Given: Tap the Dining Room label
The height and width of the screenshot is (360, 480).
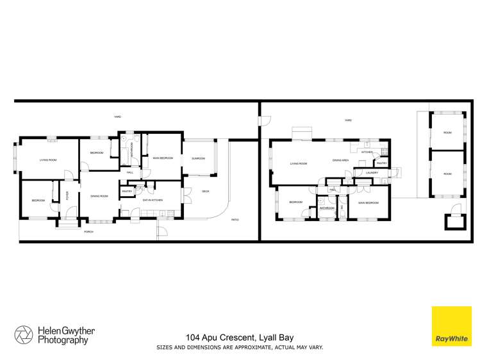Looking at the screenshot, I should point(99,196).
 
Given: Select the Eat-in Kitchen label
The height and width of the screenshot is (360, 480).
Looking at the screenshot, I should point(152,200).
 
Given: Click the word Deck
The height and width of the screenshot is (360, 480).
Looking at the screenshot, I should point(206,191).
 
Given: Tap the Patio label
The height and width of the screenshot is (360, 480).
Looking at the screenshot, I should point(235,220).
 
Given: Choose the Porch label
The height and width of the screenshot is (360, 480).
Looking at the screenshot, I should point(89,231).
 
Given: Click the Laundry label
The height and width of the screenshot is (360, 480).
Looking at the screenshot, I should point(370,173).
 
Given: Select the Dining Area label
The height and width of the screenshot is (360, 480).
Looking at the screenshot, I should point(340,160).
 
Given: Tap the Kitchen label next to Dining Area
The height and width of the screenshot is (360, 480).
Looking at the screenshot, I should point(367,152).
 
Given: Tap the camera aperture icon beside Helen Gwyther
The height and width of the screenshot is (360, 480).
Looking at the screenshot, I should point(24,334).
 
